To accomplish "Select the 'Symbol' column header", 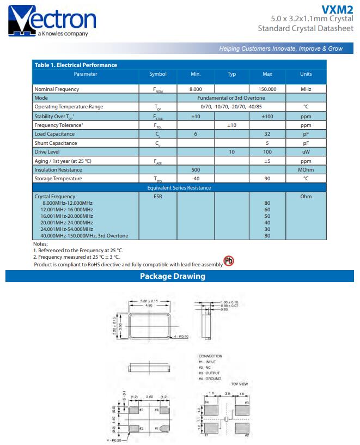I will coord(157,74).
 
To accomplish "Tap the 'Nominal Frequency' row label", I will coord(57,89).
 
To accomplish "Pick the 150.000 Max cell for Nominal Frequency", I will coord(267,89).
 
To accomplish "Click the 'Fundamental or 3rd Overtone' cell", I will coord(231,98).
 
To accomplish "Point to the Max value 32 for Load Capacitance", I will coord(267,134).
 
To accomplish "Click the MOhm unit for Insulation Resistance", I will coord(306,170).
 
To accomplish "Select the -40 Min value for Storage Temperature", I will coord(196,179).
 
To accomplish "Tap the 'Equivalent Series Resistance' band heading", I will coord(179,188).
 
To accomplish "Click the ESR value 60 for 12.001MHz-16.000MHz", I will coord(267,210).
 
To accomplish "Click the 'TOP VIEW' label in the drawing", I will coord(240,384).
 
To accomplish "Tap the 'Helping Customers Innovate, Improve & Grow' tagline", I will coord(280,48).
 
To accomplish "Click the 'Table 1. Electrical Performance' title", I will coord(76,65).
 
